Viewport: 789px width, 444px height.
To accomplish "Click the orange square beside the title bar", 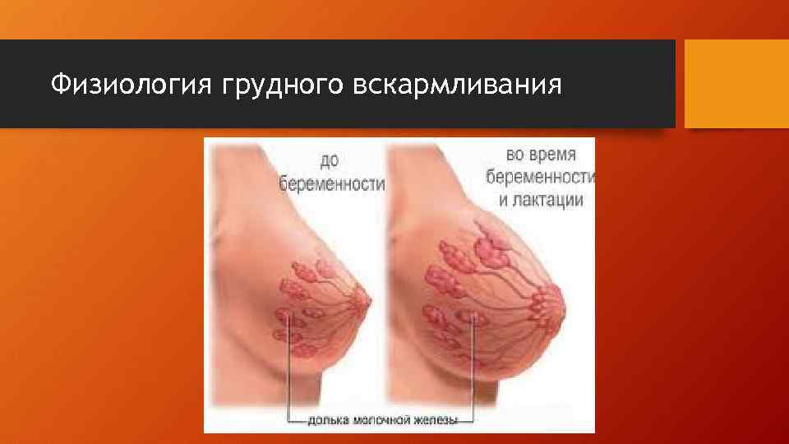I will point(736,83).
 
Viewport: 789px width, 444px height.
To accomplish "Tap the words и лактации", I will point(539,199).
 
